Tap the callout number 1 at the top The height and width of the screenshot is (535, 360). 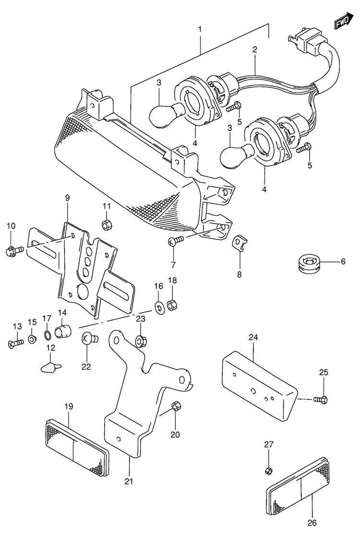pos(200,30)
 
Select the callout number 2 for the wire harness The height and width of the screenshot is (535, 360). pos(254,49)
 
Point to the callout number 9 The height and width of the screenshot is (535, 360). pos(67,198)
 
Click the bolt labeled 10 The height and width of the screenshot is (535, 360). pos(13,250)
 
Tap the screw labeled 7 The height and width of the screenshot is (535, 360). pos(175,241)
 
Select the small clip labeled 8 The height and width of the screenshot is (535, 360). pos(238,243)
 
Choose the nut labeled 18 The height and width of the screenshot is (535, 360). pos(172,304)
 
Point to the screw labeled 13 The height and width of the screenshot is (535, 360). pos(16,343)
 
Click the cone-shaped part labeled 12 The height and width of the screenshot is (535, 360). pos(49,367)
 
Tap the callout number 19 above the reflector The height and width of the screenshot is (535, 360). pos(69,407)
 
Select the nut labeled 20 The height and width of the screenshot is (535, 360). pos(175,405)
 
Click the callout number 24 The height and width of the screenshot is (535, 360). pos(253,337)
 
